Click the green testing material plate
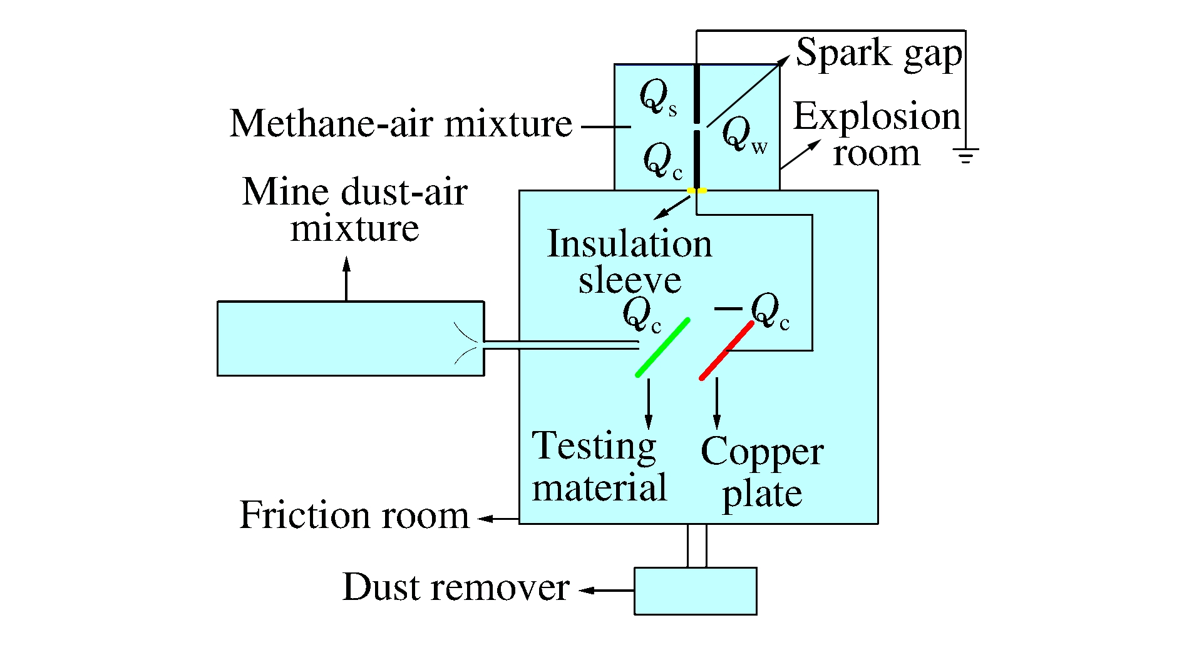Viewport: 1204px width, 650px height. [662, 348]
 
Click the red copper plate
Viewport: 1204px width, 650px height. [726, 350]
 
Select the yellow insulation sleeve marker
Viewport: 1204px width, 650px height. [697, 190]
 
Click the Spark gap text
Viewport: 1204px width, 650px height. [878, 53]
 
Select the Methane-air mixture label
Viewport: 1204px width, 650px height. [401, 124]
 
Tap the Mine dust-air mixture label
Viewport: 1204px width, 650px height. [354, 210]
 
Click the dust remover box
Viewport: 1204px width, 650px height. [695, 591]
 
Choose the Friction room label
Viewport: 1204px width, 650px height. [354, 515]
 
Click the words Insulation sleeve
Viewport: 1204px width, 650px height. [629, 262]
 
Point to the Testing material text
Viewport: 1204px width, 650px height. [599, 467]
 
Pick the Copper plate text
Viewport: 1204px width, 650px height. [762, 472]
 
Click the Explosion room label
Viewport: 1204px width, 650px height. [877, 135]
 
